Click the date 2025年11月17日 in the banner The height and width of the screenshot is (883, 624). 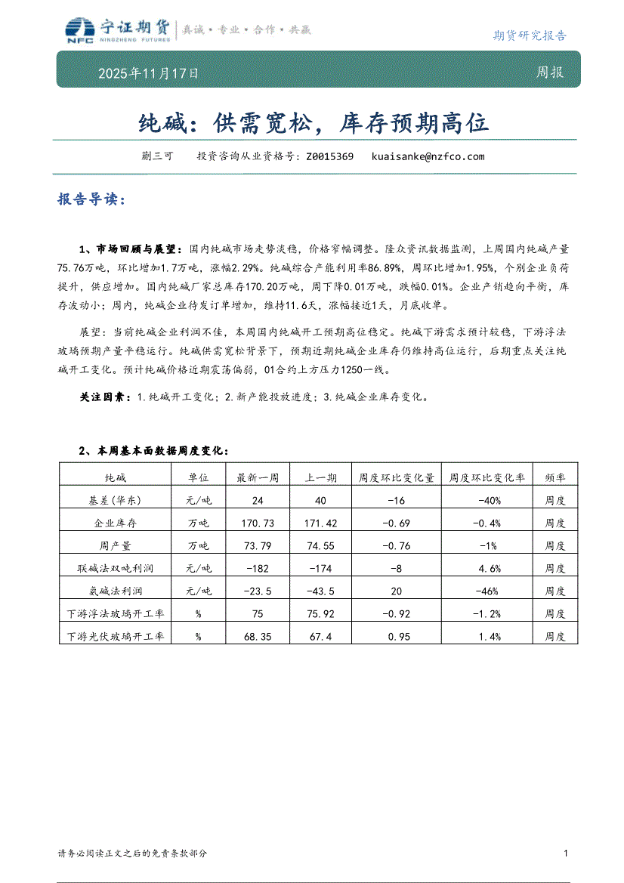[149, 74]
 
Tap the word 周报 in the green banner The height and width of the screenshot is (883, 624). [549, 73]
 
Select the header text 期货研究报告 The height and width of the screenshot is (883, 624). [529, 36]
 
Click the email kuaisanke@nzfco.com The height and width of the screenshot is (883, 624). [428, 157]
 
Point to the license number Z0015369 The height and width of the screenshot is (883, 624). [329, 157]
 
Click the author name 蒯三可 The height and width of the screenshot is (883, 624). [157, 157]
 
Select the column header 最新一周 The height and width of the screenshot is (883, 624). [258, 478]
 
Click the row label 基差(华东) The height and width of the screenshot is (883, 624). [115, 501]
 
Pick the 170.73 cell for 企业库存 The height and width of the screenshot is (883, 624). [258, 523]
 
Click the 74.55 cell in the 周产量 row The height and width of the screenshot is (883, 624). [321, 546]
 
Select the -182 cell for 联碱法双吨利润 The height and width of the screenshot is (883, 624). [258, 569]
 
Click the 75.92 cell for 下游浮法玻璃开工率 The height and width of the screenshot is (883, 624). [321, 614]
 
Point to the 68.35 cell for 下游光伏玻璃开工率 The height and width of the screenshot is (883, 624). [258, 637]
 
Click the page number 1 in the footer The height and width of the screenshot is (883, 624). [566, 854]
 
